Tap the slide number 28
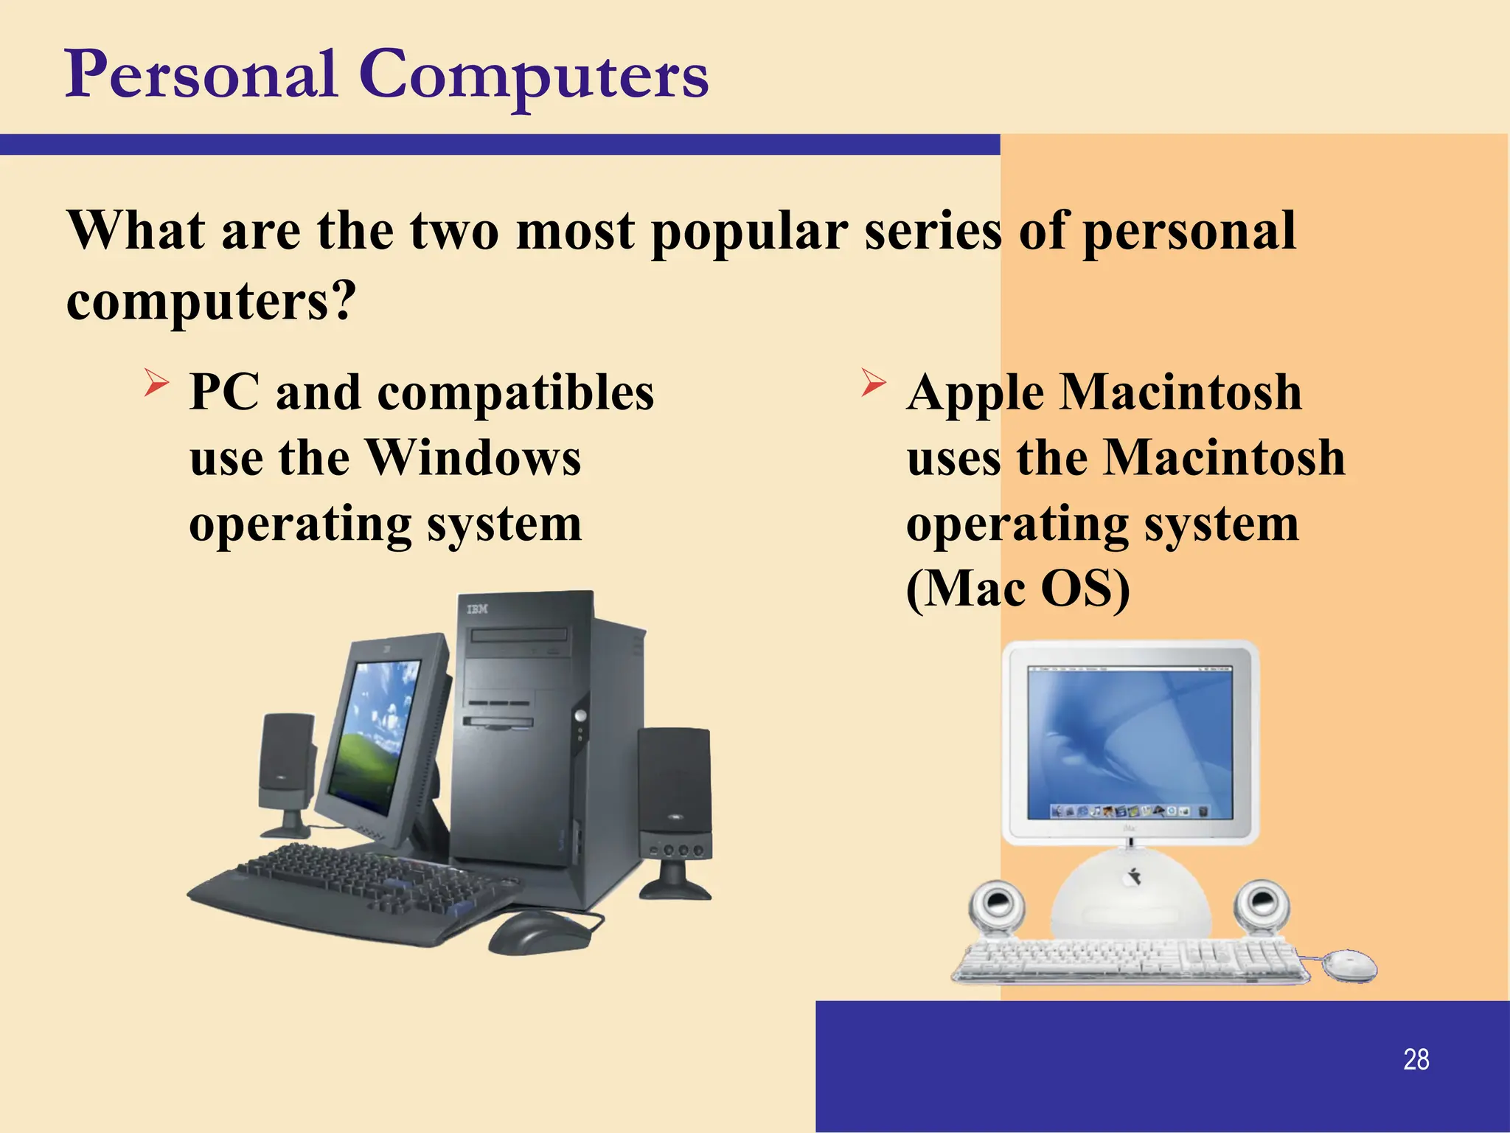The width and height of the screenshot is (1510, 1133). click(1416, 1059)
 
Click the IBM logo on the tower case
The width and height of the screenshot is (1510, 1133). click(477, 609)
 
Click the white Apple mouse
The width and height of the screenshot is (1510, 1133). click(1349, 964)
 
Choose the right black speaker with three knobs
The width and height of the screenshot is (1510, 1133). click(675, 804)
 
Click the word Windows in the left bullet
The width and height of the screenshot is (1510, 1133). click(474, 458)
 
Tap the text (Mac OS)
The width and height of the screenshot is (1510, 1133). click(1017, 589)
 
